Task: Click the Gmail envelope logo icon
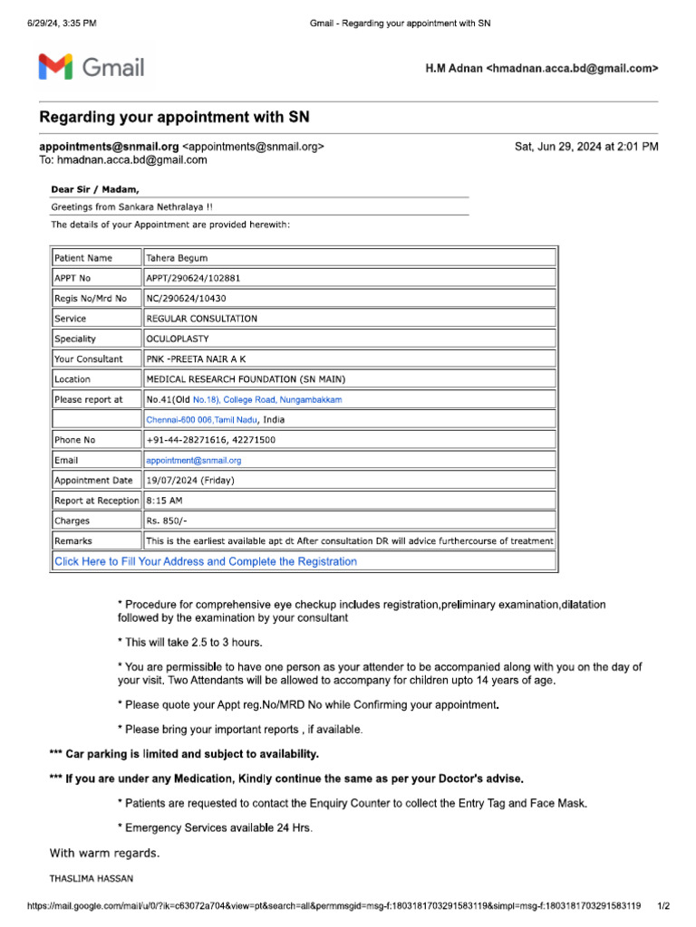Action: click(55, 67)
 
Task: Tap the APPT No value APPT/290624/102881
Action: click(193, 278)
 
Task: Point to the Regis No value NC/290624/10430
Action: click(186, 298)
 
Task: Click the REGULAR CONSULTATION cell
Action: click(201, 319)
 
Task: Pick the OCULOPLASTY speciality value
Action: click(178, 339)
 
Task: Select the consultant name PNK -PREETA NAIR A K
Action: click(196, 358)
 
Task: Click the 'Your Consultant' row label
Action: click(88, 358)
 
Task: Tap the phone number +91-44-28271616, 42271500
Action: click(210, 440)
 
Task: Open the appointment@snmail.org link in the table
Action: click(194, 460)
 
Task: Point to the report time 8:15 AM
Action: click(163, 501)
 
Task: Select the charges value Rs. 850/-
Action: click(167, 521)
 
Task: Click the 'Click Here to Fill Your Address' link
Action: click(206, 561)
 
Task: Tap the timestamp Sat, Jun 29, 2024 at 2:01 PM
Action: click(586, 146)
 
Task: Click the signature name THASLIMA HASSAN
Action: click(92, 878)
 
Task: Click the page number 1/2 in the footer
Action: click(662, 905)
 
